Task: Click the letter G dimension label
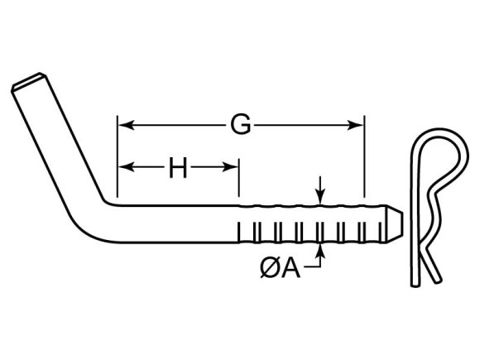[240, 126]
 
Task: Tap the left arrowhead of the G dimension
[123, 126]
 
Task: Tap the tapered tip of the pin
[396, 222]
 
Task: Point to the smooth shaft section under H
[178, 222]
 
